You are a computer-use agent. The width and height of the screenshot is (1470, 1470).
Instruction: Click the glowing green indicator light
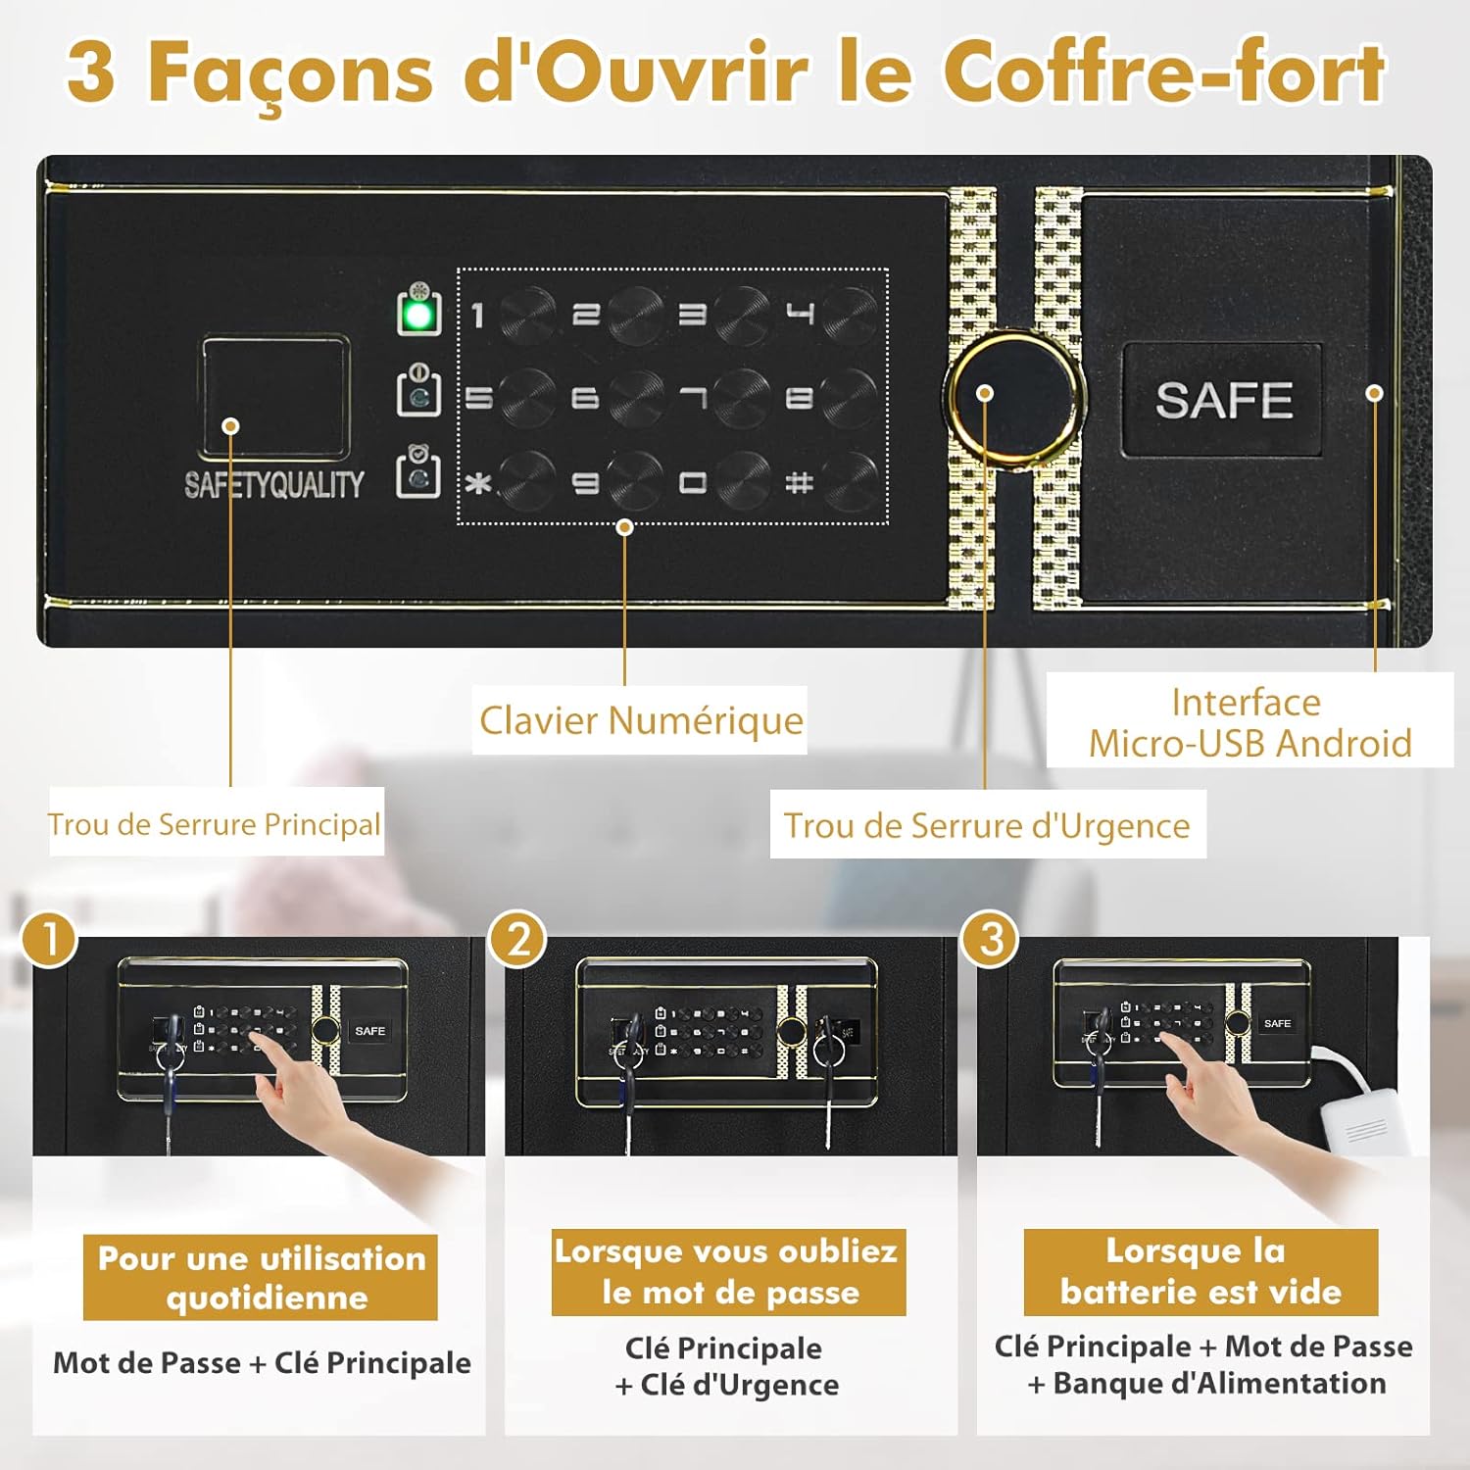click(418, 315)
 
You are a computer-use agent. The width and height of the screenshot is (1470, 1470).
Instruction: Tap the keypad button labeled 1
click(526, 315)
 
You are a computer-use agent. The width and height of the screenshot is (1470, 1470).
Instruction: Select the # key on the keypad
click(849, 481)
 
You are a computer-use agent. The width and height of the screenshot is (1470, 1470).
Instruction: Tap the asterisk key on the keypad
click(526, 481)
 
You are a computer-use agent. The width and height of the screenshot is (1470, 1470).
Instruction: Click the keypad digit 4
click(849, 315)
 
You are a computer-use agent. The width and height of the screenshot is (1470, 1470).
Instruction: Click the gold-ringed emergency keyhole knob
click(1014, 394)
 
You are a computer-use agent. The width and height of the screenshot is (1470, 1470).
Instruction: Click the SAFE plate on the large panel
click(1222, 400)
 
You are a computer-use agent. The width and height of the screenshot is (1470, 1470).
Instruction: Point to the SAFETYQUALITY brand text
click(273, 485)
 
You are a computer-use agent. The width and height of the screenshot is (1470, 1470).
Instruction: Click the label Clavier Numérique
click(640, 720)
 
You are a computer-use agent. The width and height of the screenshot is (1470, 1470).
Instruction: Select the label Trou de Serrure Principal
click(215, 824)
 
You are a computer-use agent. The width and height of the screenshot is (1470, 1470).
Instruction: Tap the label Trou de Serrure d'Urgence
click(987, 825)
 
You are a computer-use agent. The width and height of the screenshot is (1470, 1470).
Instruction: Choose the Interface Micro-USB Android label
click(1249, 723)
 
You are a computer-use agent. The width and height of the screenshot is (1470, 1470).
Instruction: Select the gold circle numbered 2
click(518, 939)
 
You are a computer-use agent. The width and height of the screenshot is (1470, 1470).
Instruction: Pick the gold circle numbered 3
click(991, 939)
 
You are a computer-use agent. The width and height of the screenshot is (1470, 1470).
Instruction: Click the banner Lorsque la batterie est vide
click(1200, 1271)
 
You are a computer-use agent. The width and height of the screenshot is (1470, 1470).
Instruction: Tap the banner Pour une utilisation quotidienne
click(261, 1277)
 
